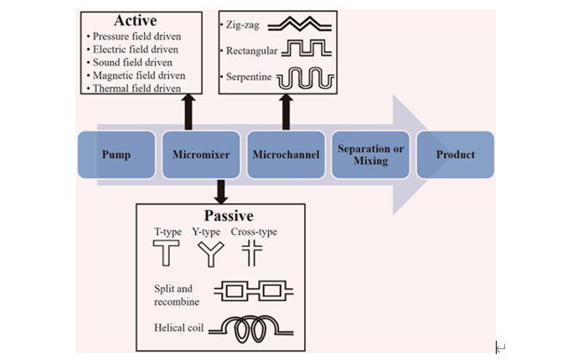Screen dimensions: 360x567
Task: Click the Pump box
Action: (x=116, y=155)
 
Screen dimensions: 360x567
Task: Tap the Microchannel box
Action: (x=284, y=155)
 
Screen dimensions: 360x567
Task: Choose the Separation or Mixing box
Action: (x=370, y=155)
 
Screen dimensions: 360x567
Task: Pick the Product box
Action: (x=455, y=155)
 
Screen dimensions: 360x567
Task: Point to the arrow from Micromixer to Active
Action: (x=188, y=111)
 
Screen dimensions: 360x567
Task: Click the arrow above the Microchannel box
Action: (x=285, y=111)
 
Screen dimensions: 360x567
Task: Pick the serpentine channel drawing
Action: (x=307, y=79)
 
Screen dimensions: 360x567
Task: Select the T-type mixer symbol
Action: (x=165, y=253)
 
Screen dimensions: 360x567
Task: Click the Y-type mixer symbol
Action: (x=206, y=253)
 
